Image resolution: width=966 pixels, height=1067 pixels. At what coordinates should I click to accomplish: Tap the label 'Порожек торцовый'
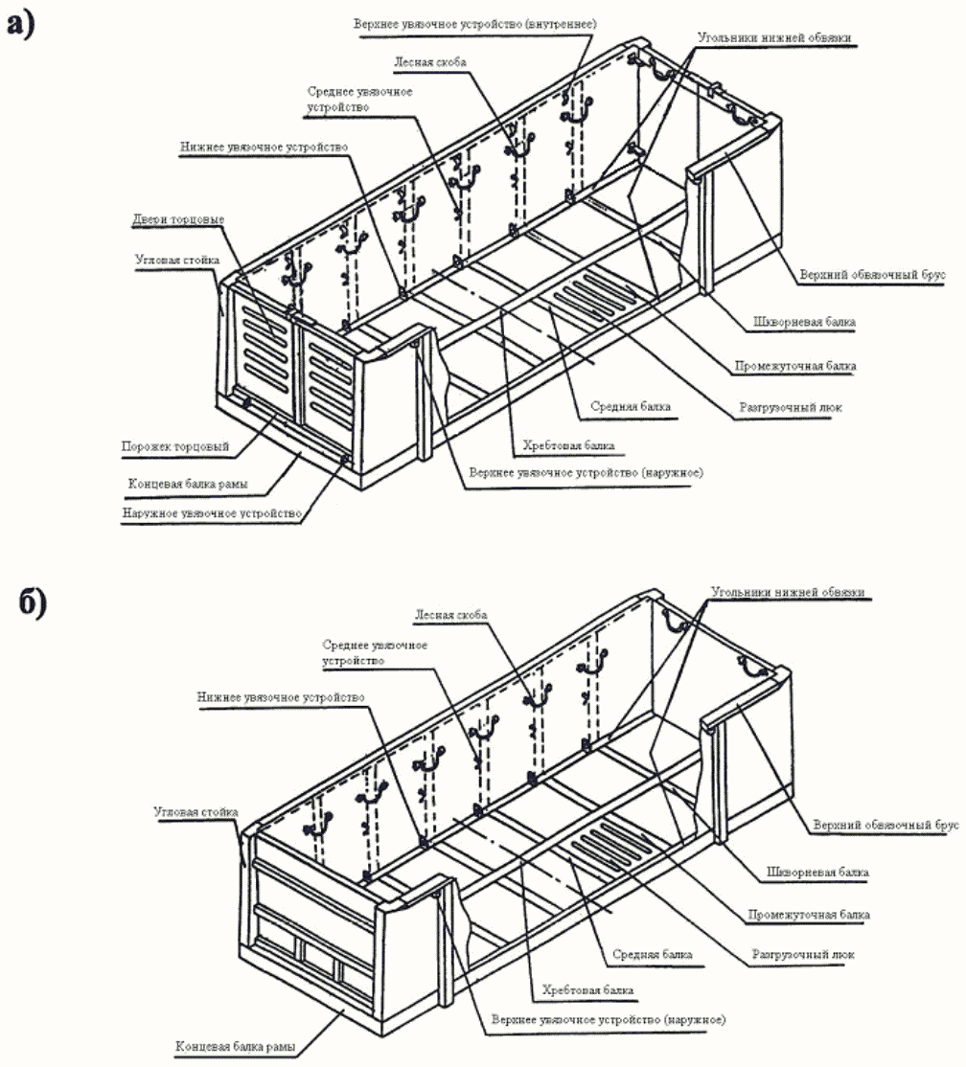174,446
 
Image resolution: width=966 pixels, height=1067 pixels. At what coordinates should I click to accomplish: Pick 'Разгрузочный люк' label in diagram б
797,955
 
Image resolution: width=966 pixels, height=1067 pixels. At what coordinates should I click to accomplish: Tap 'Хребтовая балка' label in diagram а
568,445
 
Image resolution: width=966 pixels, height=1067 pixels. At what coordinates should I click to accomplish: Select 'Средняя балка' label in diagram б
652,955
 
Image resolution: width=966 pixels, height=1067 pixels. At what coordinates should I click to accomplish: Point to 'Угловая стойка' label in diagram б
195,812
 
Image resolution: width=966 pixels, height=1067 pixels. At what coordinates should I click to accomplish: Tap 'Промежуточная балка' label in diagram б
808,915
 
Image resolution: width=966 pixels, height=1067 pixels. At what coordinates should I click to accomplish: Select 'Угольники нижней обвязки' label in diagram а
773,37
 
